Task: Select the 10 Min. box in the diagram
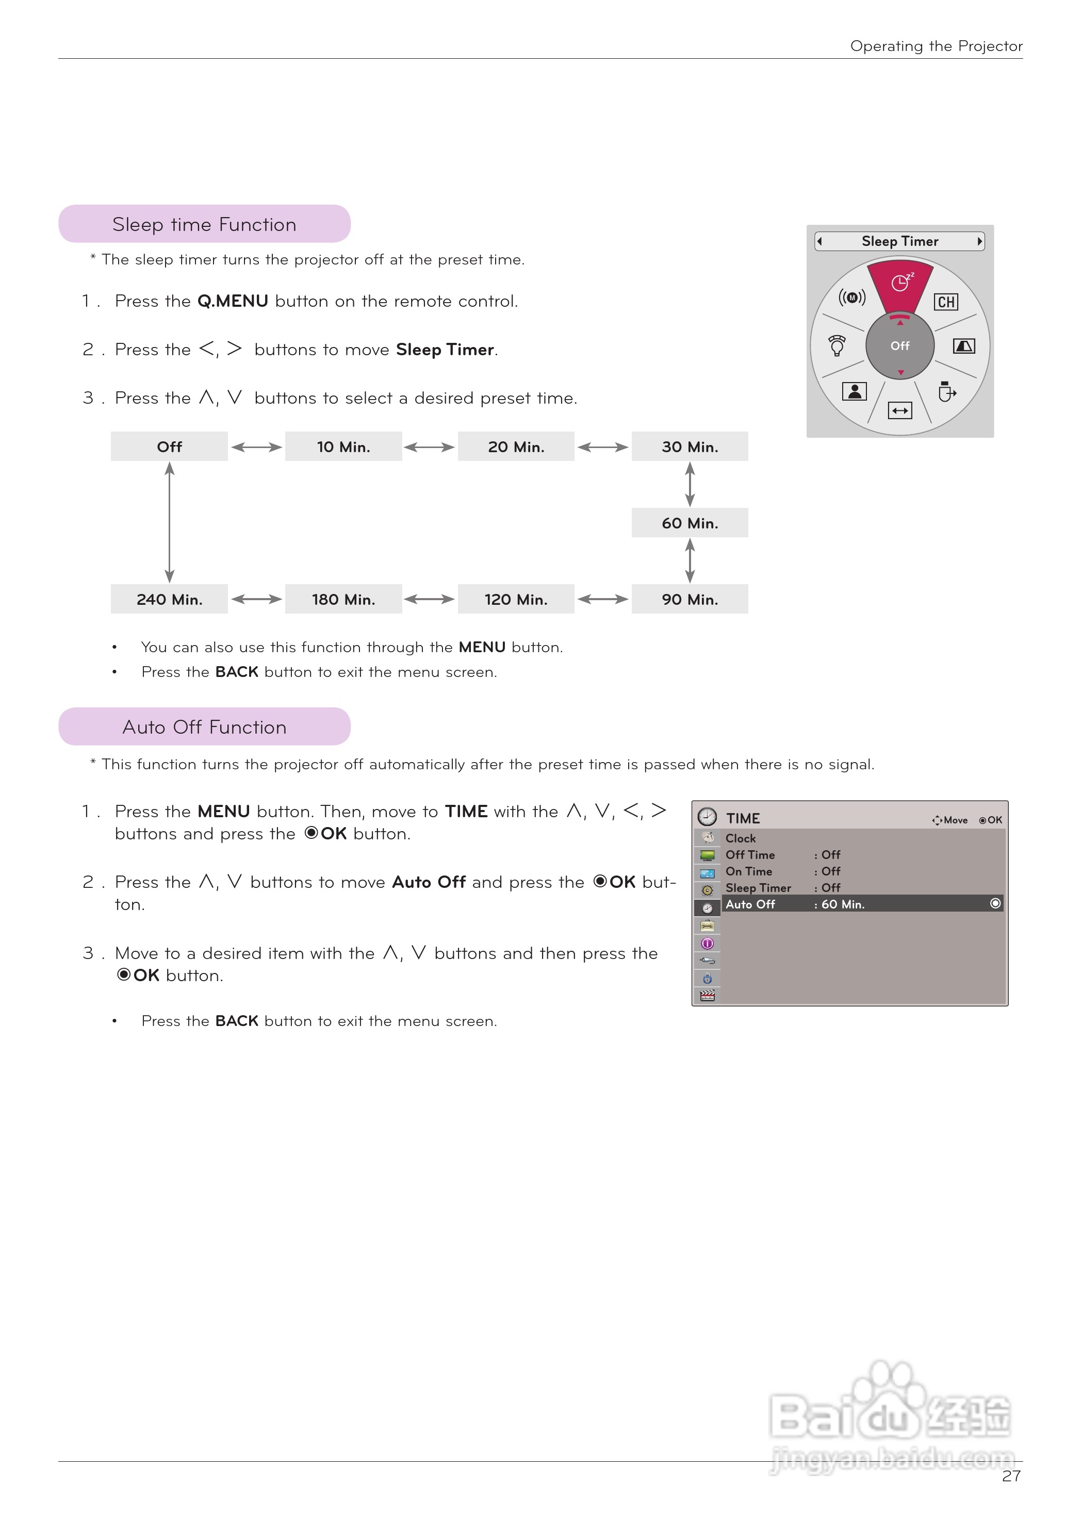click(343, 447)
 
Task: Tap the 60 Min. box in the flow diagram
click(690, 523)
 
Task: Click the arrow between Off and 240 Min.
click(169, 523)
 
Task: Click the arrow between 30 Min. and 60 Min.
click(690, 485)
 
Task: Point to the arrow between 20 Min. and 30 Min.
click(603, 447)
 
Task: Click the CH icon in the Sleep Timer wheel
click(946, 302)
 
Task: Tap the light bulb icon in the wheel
click(837, 345)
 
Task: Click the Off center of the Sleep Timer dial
click(900, 345)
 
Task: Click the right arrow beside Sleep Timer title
click(979, 241)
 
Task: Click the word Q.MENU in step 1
click(233, 301)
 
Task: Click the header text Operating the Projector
click(936, 46)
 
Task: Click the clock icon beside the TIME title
click(707, 817)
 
